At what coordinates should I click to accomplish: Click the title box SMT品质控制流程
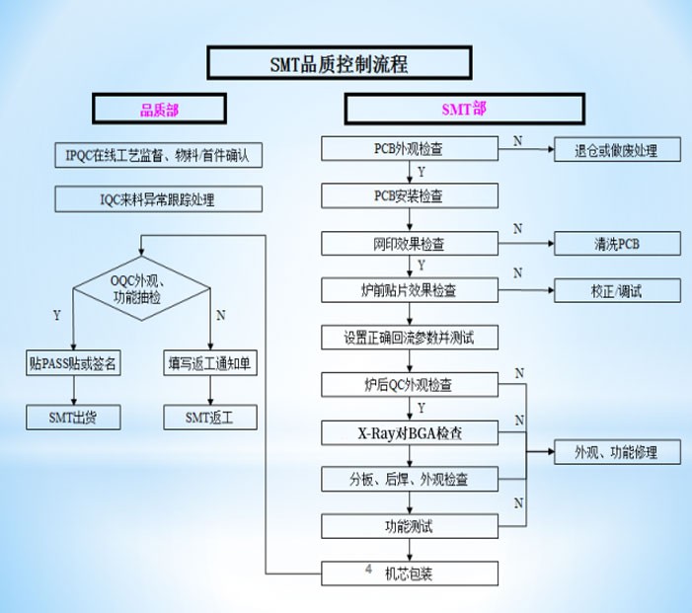coord(339,62)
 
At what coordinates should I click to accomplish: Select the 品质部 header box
coord(159,109)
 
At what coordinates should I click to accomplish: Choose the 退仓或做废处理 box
coord(617,150)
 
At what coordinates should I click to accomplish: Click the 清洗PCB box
coord(617,243)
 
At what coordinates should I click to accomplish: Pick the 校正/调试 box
coord(617,290)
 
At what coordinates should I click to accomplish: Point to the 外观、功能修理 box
coord(617,452)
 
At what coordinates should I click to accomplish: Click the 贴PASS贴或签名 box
coord(73,362)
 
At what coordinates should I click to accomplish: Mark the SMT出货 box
coord(73,417)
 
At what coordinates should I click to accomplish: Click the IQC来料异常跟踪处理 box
coord(158,199)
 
